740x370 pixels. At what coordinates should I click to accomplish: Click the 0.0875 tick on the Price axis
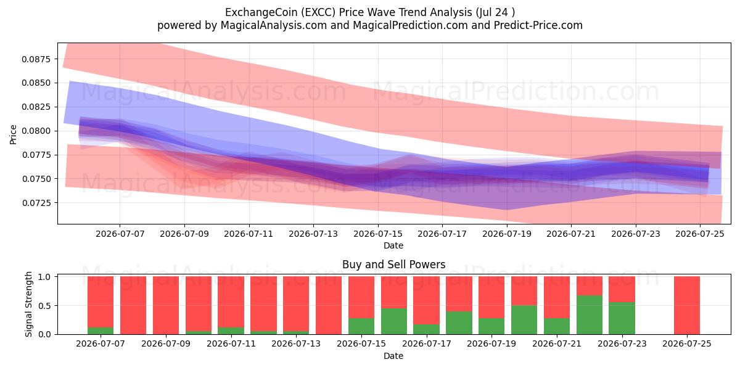click(x=36, y=59)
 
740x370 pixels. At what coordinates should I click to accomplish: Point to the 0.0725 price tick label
click(x=36, y=203)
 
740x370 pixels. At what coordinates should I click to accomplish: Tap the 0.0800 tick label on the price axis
click(x=36, y=131)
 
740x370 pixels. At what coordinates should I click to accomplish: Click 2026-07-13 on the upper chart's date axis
click(x=313, y=234)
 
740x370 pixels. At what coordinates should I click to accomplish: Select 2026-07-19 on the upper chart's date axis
click(x=507, y=234)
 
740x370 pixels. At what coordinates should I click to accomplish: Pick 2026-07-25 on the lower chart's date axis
click(x=687, y=343)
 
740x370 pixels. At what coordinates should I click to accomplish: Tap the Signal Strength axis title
click(x=29, y=304)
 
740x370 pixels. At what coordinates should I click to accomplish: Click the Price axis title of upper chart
click(x=13, y=134)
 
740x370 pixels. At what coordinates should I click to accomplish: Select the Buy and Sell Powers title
click(x=394, y=265)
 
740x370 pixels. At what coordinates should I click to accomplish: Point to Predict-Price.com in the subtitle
click(x=538, y=25)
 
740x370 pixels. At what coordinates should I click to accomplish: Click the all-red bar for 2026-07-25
click(x=687, y=305)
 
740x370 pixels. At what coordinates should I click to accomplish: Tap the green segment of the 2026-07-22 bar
click(x=590, y=315)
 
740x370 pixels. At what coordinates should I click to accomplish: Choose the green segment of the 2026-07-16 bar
click(x=394, y=321)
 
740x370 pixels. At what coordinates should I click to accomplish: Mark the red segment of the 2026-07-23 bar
click(x=622, y=289)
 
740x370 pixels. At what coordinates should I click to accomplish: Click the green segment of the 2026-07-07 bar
click(x=101, y=331)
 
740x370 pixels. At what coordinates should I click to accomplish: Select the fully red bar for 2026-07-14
click(x=329, y=305)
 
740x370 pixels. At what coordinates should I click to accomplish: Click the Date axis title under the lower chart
click(x=393, y=356)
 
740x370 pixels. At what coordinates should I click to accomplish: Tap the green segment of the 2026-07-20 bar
click(x=524, y=320)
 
